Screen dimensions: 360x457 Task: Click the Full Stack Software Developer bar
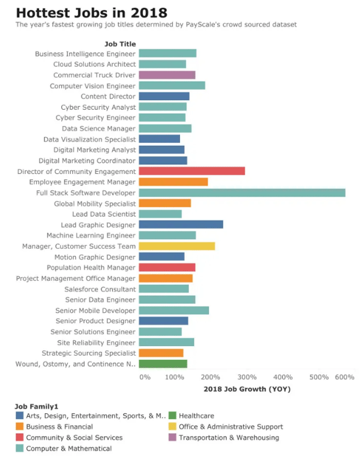pyautogui.click(x=242, y=193)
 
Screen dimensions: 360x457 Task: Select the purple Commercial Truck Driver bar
pyautogui.click(x=167, y=75)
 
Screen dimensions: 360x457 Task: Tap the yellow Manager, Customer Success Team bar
pyautogui.click(x=177, y=246)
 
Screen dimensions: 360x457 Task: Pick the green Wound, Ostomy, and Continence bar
pyautogui.click(x=163, y=363)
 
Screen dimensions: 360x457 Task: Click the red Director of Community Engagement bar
pyautogui.click(x=192, y=171)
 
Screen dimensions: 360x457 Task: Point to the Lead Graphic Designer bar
pyautogui.click(x=181, y=224)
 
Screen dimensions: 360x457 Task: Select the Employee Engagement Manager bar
pyautogui.click(x=173, y=182)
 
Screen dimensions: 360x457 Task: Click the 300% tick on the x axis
pyautogui.click(x=247, y=377)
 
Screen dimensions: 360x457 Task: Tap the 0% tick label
pyautogui.click(x=145, y=377)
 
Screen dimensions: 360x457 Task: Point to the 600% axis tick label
pyautogui.click(x=344, y=377)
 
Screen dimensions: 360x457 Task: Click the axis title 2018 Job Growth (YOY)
pyautogui.click(x=247, y=389)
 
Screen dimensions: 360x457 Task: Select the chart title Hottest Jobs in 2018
pyautogui.click(x=92, y=13)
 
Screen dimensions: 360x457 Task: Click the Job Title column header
pyautogui.click(x=120, y=44)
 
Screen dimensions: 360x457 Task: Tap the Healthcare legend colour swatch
pyautogui.click(x=172, y=416)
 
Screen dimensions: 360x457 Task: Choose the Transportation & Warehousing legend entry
pyautogui.click(x=224, y=437)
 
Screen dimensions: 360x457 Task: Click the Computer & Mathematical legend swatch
pyautogui.click(x=20, y=448)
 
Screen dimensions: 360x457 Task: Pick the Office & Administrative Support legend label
pyautogui.click(x=231, y=426)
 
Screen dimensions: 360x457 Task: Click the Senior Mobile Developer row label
pyautogui.click(x=95, y=311)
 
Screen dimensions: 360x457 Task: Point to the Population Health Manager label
pyautogui.click(x=91, y=267)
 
